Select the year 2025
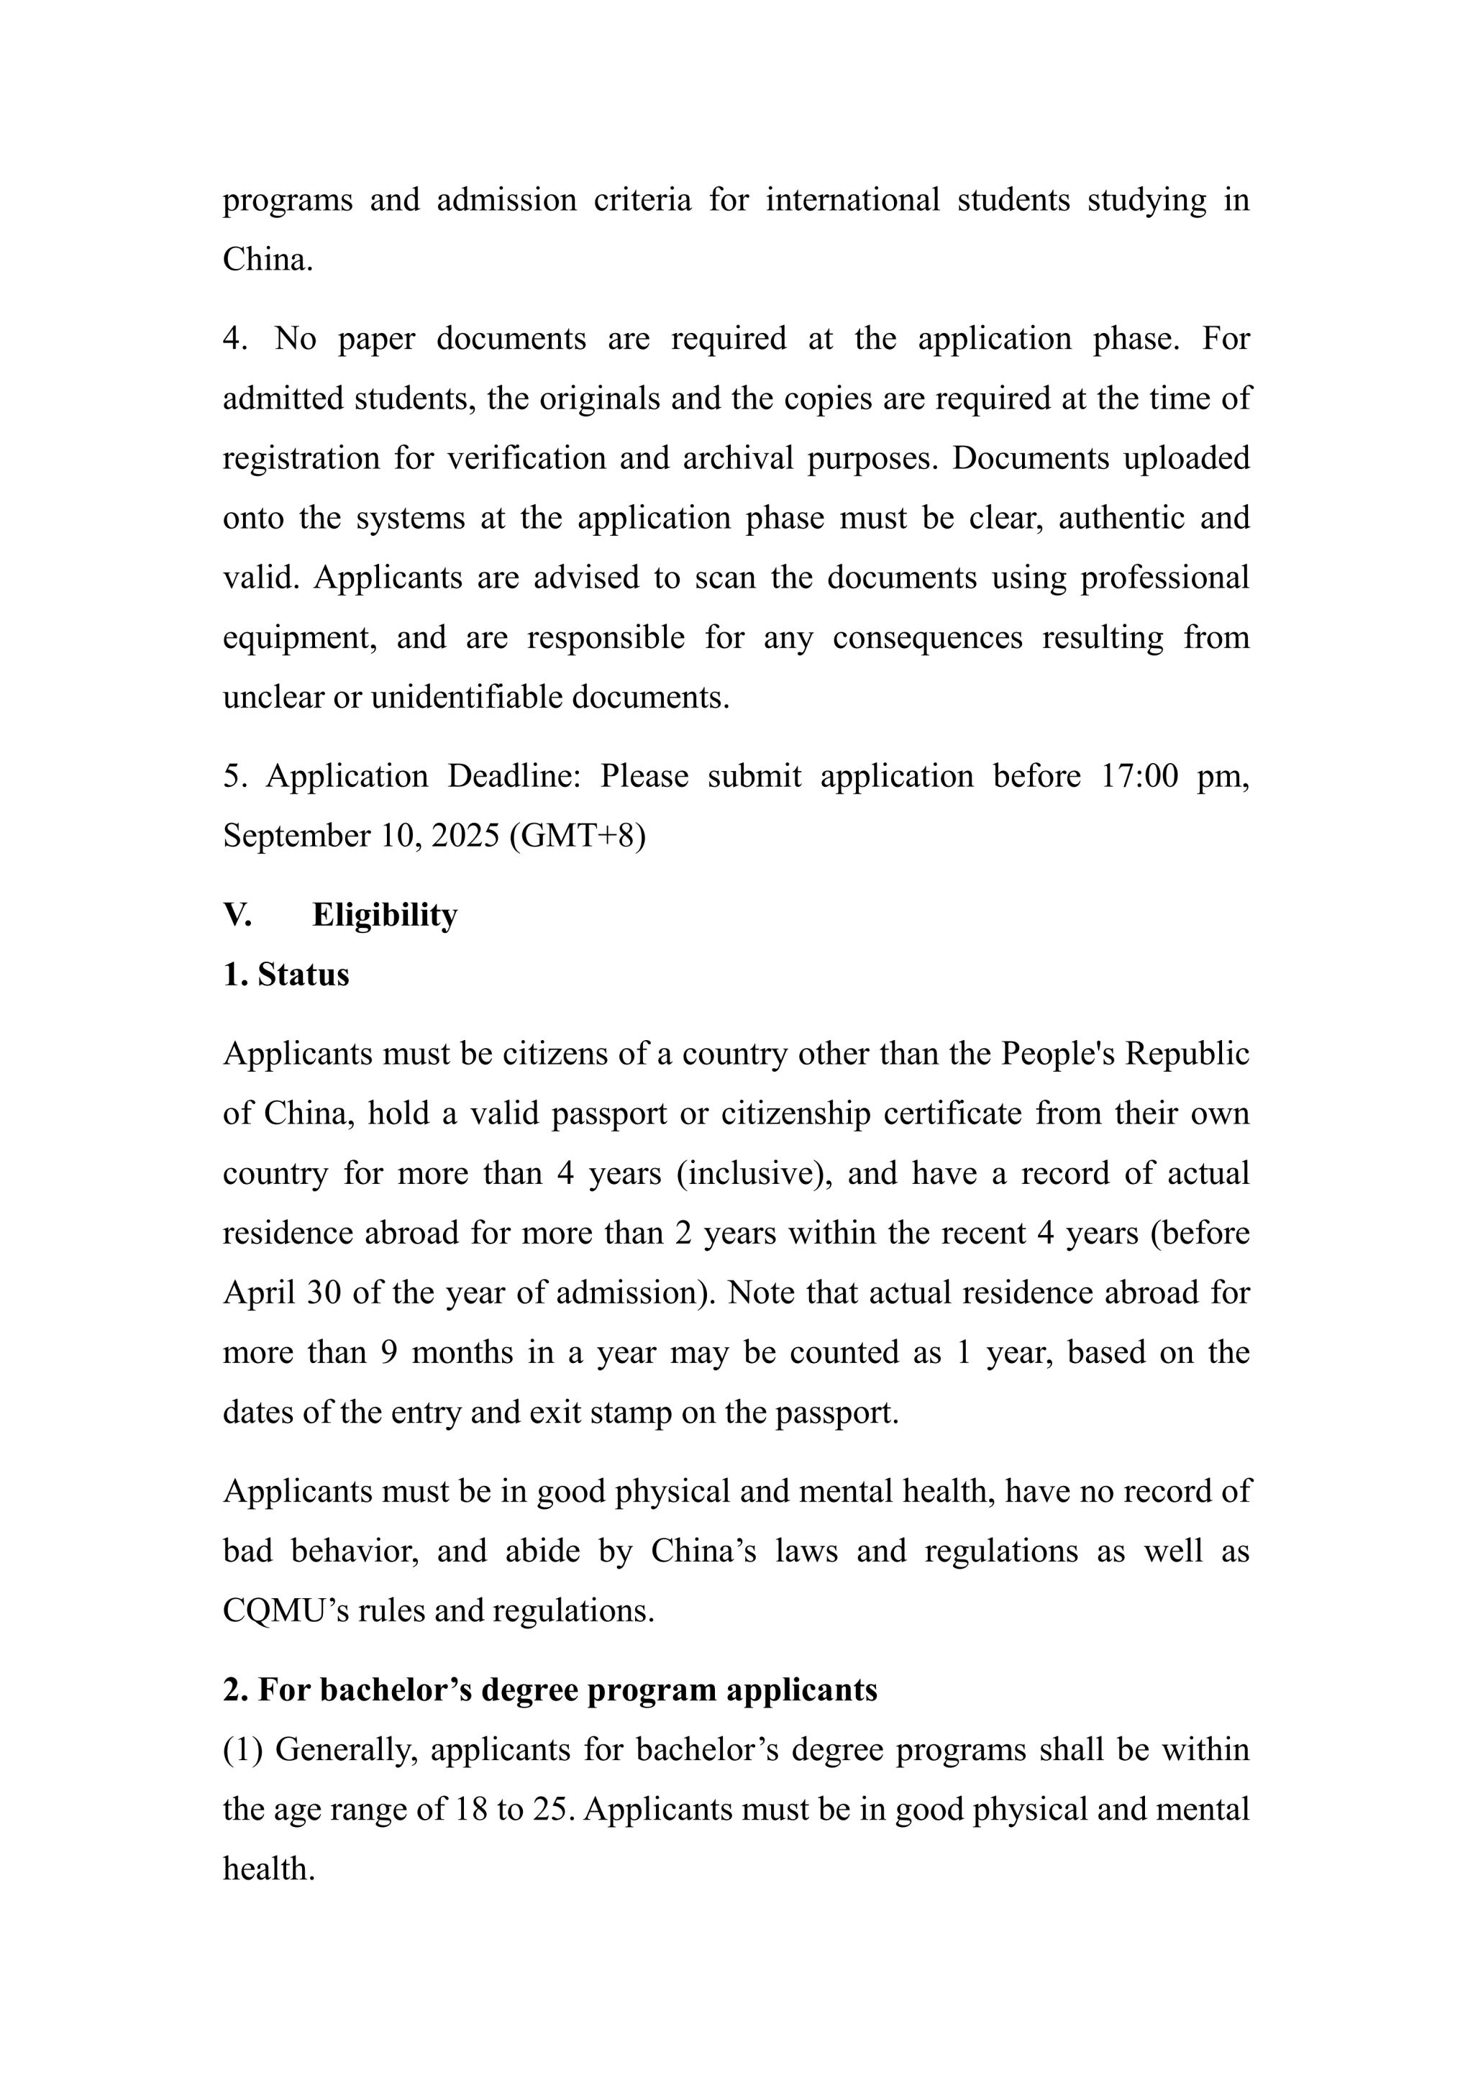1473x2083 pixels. tap(465, 836)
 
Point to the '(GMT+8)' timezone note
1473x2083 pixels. tap(578, 836)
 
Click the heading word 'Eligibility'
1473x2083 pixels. tap(385, 916)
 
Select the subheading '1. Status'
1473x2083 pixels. tap(286, 975)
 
